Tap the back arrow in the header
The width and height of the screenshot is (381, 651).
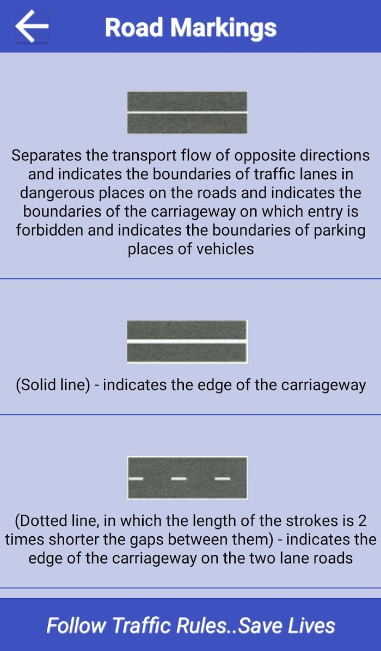[x=32, y=26]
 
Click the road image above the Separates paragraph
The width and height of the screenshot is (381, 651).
[x=187, y=113]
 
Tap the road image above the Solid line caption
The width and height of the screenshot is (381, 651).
[x=187, y=342]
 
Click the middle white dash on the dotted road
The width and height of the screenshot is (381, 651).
[x=179, y=479]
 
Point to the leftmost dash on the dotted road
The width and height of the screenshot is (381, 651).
[x=136, y=479]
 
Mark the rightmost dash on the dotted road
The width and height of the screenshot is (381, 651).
[x=222, y=479]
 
